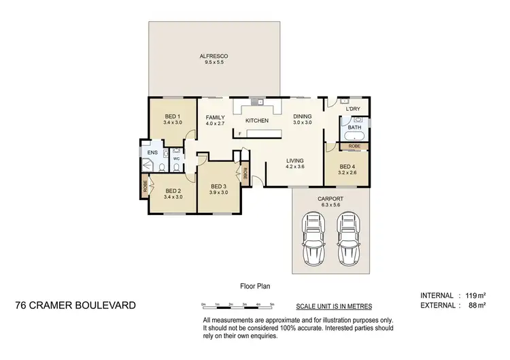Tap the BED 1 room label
click(x=173, y=116)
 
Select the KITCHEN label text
click(x=256, y=121)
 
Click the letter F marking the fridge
click(x=240, y=134)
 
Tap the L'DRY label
click(x=352, y=110)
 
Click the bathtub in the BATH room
click(x=355, y=137)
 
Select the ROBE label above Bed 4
click(x=354, y=146)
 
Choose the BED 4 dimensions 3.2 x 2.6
click(x=347, y=173)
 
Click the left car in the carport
click(x=313, y=233)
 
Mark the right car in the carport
click(x=348, y=233)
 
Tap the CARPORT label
click(x=330, y=199)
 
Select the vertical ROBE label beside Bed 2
click(x=146, y=185)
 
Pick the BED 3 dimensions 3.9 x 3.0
click(x=218, y=193)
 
